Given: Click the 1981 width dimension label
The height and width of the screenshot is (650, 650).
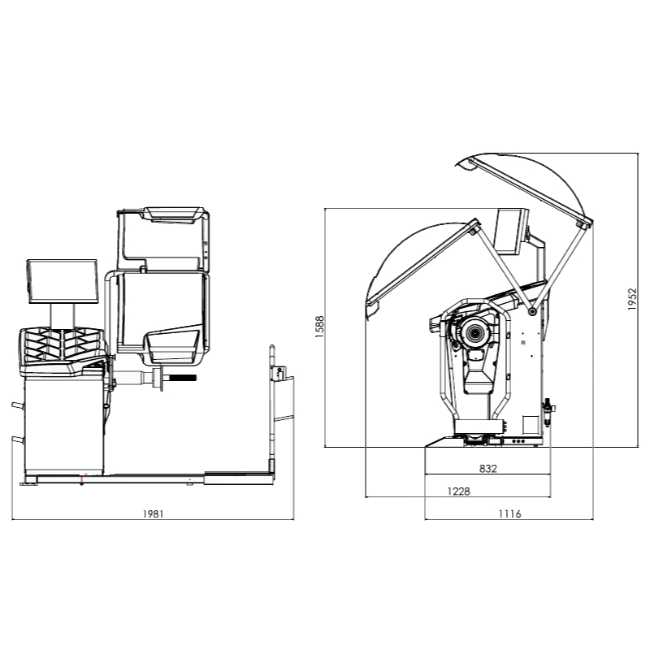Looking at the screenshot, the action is [153, 514].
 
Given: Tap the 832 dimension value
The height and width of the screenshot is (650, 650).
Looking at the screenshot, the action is [488, 469].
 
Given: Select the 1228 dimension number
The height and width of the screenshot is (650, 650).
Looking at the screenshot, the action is [459, 492].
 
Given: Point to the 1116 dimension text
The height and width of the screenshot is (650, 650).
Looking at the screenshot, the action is [509, 514].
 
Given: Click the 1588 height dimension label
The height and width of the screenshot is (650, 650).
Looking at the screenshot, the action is [319, 327].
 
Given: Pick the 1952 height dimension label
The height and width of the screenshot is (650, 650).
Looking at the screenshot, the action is [632, 299].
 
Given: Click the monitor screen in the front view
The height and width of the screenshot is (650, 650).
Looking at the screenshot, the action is [63, 281].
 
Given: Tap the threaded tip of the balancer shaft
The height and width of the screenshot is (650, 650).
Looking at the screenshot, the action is [182, 378].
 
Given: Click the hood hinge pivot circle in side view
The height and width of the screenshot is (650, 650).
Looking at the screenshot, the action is [532, 311].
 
